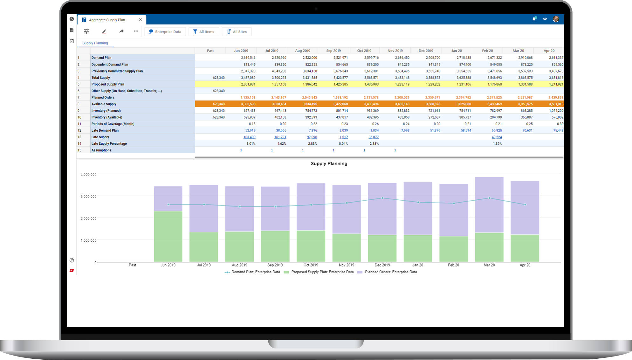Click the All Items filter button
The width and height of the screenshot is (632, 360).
click(204, 32)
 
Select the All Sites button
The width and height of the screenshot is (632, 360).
click(237, 32)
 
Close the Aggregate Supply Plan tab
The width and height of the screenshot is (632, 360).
click(141, 20)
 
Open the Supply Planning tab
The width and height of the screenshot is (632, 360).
click(95, 43)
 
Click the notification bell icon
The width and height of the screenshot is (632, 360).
click(534, 19)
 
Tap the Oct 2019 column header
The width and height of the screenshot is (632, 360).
click(364, 51)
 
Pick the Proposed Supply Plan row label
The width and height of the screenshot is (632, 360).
click(108, 84)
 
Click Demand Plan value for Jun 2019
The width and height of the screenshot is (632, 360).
click(248, 58)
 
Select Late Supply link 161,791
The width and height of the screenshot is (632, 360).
click(280, 137)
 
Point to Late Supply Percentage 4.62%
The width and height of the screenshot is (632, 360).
click(282, 144)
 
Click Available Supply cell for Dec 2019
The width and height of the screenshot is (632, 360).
click(433, 104)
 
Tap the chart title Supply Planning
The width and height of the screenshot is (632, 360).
click(329, 164)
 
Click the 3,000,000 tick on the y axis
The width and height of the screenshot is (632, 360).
click(88, 197)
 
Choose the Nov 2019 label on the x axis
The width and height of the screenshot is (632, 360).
click(347, 265)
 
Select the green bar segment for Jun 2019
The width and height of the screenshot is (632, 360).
click(168, 237)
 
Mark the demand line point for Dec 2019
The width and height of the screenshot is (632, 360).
click(382, 198)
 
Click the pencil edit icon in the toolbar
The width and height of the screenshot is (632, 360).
click(104, 31)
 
